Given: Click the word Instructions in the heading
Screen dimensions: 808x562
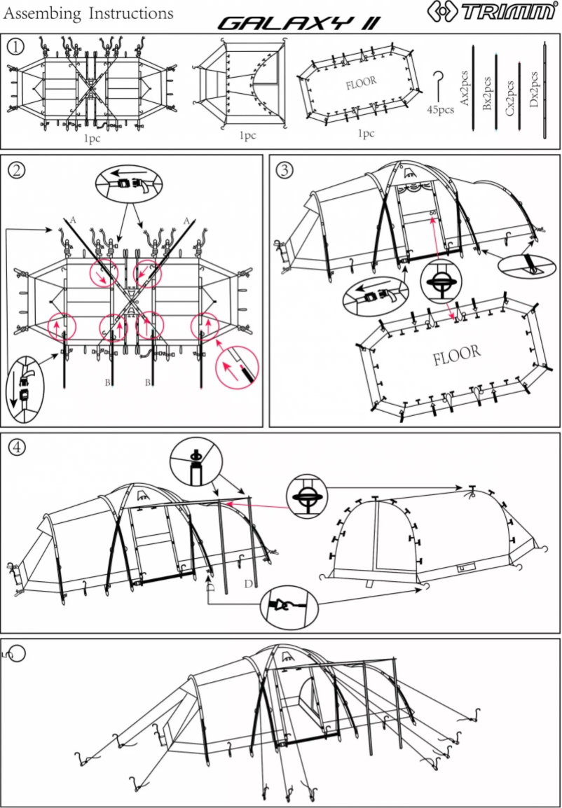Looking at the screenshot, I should pyautogui.click(x=129, y=13).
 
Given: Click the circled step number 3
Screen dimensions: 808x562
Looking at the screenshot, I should pyautogui.click(x=285, y=169).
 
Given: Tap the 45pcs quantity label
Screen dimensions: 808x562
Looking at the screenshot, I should pyautogui.click(x=441, y=111).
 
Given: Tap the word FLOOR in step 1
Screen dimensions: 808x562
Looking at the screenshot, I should pyautogui.click(x=361, y=82).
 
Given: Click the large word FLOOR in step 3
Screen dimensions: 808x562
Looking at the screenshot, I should pyautogui.click(x=457, y=354).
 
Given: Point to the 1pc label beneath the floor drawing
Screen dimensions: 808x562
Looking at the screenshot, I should pyautogui.click(x=366, y=133).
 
